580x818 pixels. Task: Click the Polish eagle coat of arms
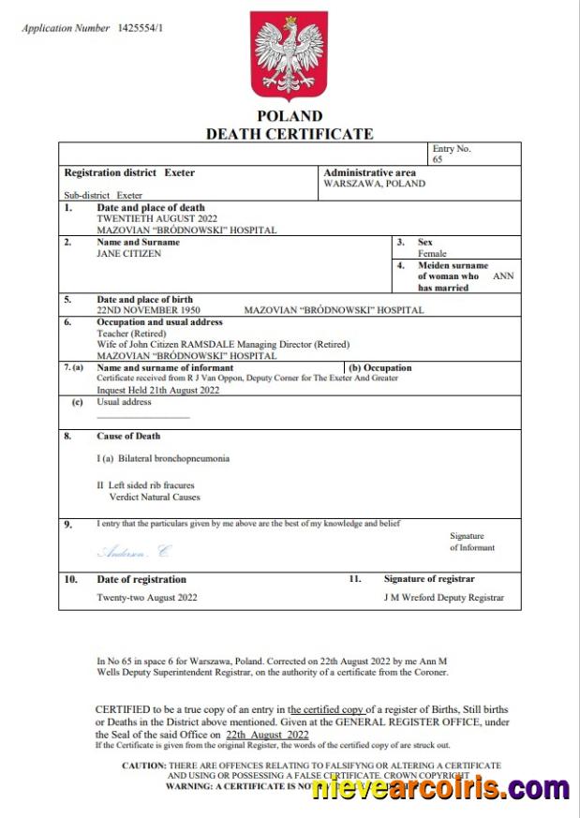[x=290, y=56]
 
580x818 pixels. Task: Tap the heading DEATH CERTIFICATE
[x=290, y=134]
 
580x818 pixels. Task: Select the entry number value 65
[x=438, y=160]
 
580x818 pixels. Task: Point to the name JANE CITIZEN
[x=129, y=254]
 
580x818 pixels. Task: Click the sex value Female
[x=432, y=254]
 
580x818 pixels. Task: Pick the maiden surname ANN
[x=503, y=276]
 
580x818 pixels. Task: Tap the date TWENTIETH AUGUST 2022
[x=151, y=218]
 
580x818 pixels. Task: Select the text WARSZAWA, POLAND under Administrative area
[x=374, y=184]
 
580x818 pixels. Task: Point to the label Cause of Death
[x=128, y=436]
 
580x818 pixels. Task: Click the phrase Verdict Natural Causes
[x=155, y=498]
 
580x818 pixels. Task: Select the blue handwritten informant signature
[x=134, y=552]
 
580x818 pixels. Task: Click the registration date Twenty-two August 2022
[x=147, y=597]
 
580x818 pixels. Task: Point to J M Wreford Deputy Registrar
[x=443, y=597]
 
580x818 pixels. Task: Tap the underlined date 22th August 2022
[x=267, y=736]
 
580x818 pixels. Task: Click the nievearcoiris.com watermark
[x=440, y=789]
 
